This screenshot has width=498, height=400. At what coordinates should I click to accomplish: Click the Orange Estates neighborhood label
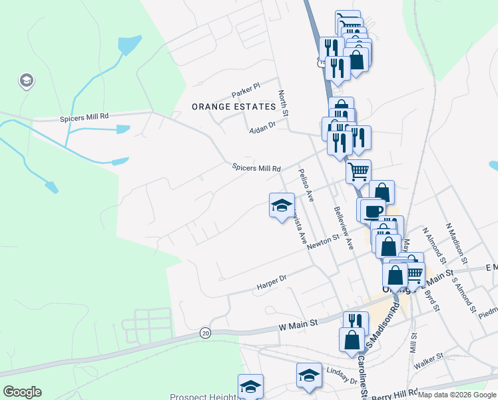[x=233, y=107]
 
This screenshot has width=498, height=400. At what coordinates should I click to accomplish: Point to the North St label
[x=283, y=104]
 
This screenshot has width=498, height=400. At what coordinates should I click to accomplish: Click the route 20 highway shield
[x=205, y=332]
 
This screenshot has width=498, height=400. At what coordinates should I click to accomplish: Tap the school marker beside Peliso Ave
[x=282, y=204]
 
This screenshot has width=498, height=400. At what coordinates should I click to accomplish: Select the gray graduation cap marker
[x=27, y=81]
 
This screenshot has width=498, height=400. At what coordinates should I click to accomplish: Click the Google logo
[x=22, y=392]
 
